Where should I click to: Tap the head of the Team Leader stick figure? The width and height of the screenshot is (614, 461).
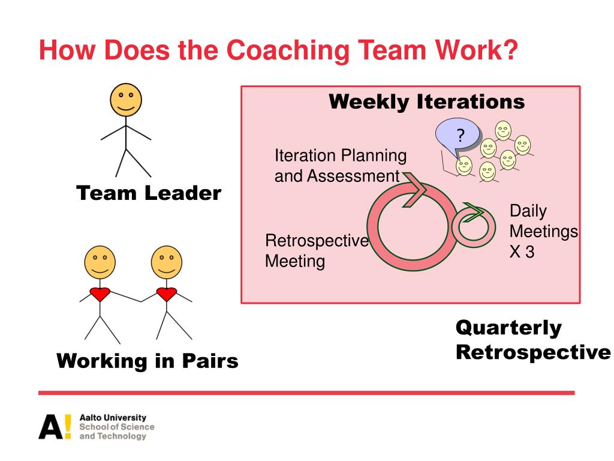tap(126, 99)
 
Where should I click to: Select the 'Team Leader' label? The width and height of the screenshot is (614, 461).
tap(149, 193)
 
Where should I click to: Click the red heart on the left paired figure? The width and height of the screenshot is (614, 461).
tap(100, 294)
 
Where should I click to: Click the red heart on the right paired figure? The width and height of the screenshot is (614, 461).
tap(166, 294)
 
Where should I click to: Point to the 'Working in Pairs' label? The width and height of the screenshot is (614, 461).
tap(148, 361)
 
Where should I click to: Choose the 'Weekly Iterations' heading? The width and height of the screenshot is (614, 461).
tap(426, 101)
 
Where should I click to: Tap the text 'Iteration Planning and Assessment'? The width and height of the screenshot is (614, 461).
tap(340, 166)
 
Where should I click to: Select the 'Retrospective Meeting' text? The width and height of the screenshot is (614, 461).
tap(317, 251)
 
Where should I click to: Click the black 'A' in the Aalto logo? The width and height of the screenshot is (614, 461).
tap(50, 426)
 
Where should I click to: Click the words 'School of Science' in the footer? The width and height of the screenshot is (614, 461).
tap(116, 427)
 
